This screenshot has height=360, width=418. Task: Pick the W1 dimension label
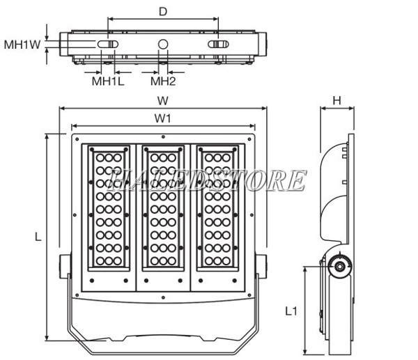click(x=163, y=118)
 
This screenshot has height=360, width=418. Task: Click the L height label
click(x=38, y=237)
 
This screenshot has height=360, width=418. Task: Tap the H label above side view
click(x=336, y=100)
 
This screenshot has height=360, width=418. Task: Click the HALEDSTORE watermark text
click(x=208, y=180)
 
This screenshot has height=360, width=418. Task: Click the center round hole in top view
click(x=163, y=45)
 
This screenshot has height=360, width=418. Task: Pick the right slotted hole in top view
click(x=219, y=45)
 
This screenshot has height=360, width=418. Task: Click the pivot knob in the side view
click(x=340, y=265)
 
